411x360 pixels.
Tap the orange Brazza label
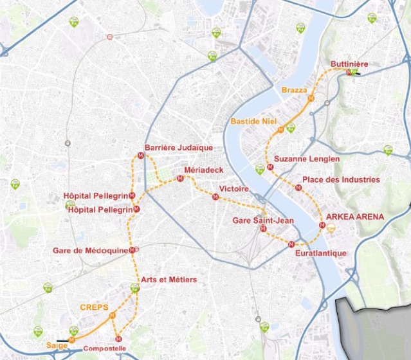tap(295, 91)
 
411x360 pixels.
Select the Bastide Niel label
tap(252, 122)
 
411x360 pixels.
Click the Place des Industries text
tap(341, 179)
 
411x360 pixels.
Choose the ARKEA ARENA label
tap(355, 217)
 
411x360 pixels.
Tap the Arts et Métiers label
tap(169, 280)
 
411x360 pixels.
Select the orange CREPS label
tap(94, 307)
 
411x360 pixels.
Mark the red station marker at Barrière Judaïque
tap(142, 155)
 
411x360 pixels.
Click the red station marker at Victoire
tap(215, 197)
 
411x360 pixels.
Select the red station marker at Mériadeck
tap(181, 179)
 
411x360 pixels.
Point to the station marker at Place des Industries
tap(298, 188)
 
